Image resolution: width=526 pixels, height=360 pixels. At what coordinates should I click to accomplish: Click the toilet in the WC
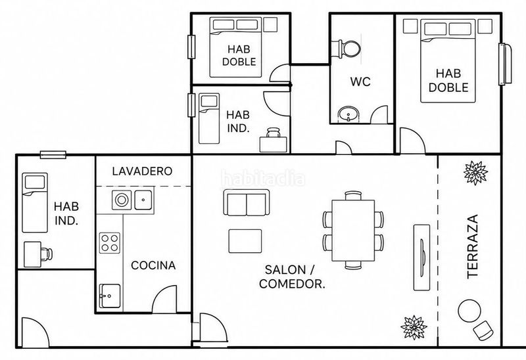(x=347, y=49)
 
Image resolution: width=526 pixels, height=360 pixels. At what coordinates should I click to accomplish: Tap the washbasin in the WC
(x=348, y=115)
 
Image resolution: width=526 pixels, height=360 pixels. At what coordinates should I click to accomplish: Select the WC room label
(x=360, y=81)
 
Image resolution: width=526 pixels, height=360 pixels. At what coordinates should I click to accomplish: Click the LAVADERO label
(x=142, y=171)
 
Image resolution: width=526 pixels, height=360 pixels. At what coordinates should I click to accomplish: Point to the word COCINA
(x=153, y=265)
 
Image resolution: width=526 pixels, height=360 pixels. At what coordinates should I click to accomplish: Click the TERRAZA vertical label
(x=472, y=246)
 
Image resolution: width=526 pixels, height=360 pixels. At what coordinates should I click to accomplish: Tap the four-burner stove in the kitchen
(x=110, y=243)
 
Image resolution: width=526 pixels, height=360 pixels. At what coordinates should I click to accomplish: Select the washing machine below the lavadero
(x=122, y=200)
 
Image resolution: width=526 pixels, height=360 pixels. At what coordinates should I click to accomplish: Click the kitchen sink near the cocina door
(x=110, y=296)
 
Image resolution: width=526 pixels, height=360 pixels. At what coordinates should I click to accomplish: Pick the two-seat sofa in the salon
(x=246, y=202)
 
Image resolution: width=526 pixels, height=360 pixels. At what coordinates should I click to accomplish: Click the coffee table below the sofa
(x=245, y=241)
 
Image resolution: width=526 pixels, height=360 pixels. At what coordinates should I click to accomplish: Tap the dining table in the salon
(x=353, y=231)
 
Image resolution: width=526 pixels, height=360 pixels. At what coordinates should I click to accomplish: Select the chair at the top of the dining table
(x=353, y=196)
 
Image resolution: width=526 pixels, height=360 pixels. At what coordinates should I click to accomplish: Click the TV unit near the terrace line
(x=421, y=258)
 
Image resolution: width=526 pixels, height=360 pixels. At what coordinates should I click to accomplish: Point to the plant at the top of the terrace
(x=475, y=173)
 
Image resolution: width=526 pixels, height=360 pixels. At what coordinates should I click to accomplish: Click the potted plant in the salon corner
(x=414, y=327)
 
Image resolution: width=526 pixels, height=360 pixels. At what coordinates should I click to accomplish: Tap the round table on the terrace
(x=469, y=311)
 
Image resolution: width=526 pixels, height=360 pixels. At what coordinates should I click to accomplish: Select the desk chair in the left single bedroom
(x=47, y=254)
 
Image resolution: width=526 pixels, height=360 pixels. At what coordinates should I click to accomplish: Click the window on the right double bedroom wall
(x=505, y=64)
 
